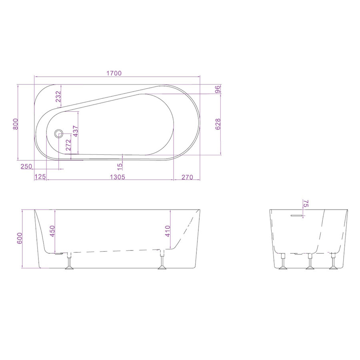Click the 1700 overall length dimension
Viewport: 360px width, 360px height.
point(114,73)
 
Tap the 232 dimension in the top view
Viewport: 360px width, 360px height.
point(58,97)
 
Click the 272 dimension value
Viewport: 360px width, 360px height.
point(68,144)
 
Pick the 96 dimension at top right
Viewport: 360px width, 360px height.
point(218,89)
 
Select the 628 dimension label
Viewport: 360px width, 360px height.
point(218,124)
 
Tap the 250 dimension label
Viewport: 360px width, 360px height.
point(26,166)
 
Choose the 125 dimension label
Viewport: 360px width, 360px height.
point(40,176)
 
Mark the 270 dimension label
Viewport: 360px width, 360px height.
point(187,176)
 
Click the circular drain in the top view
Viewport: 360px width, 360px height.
point(59,133)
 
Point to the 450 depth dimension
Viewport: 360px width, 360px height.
point(52,231)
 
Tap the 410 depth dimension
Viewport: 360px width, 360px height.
point(168,231)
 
